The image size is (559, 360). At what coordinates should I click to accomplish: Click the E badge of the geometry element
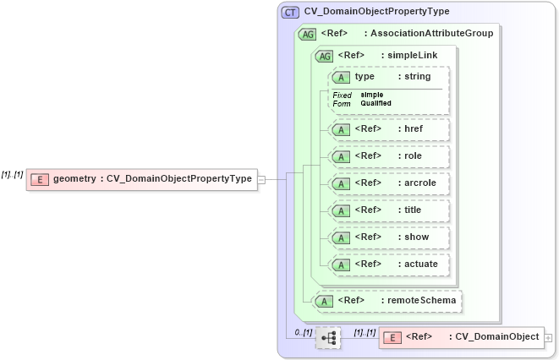pyautogui.click(x=39, y=179)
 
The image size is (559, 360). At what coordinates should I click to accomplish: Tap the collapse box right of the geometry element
pyautogui.click(x=261, y=179)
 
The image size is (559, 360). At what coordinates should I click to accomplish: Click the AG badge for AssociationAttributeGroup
pyautogui.click(x=307, y=34)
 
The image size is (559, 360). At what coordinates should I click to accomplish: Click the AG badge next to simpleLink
pyautogui.click(x=323, y=56)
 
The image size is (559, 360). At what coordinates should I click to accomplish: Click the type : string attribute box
pyautogui.click(x=390, y=77)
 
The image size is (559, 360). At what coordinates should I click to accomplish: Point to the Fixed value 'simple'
pyautogui.click(x=372, y=95)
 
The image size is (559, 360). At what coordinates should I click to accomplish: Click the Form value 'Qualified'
pyautogui.click(x=375, y=103)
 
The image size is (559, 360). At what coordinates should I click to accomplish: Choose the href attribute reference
pyautogui.click(x=390, y=129)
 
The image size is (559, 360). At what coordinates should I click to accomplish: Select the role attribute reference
pyautogui.click(x=390, y=156)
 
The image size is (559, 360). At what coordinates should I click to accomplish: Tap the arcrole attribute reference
pyautogui.click(x=390, y=183)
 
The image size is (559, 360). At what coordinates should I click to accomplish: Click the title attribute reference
pyautogui.click(x=390, y=210)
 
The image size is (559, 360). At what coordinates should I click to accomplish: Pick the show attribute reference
pyautogui.click(x=390, y=237)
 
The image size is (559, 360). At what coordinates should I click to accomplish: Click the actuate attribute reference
pyautogui.click(x=390, y=265)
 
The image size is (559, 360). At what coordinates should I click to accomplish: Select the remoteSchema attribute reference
pyautogui.click(x=388, y=300)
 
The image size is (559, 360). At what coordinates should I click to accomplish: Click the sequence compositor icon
pyautogui.click(x=328, y=338)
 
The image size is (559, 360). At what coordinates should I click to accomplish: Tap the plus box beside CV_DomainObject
pyautogui.click(x=549, y=337)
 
